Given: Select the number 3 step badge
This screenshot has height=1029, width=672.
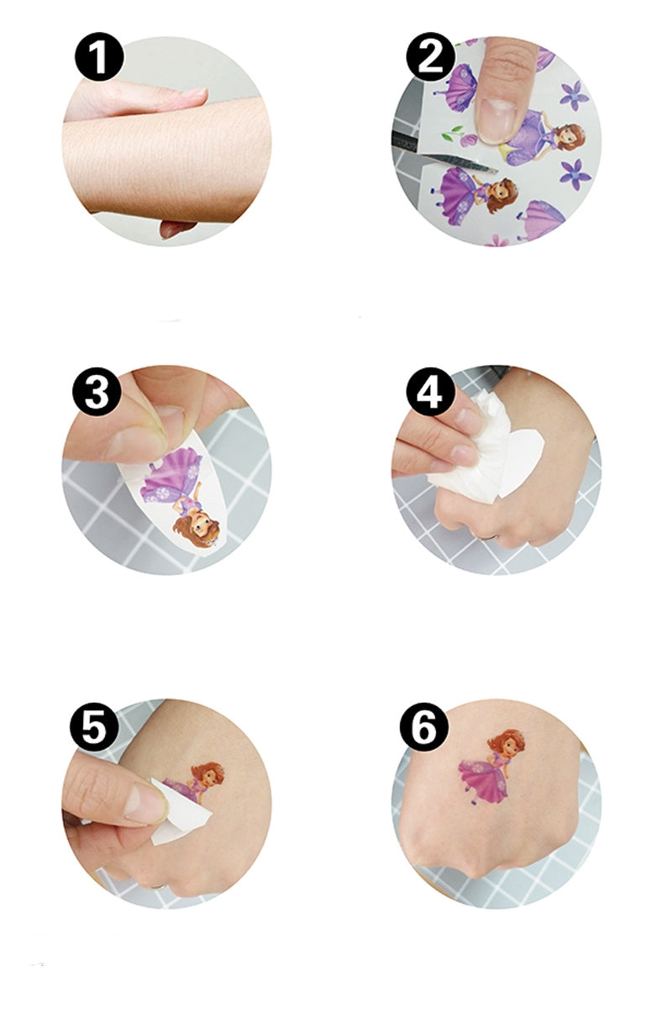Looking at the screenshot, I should click(x=97, y=391).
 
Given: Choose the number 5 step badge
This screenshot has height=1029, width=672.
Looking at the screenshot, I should click(x=94, y=725).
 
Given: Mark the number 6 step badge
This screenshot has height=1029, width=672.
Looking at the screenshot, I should click(x=424, y=725).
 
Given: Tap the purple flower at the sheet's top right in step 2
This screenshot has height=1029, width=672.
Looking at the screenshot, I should click(x=575, y=94).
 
